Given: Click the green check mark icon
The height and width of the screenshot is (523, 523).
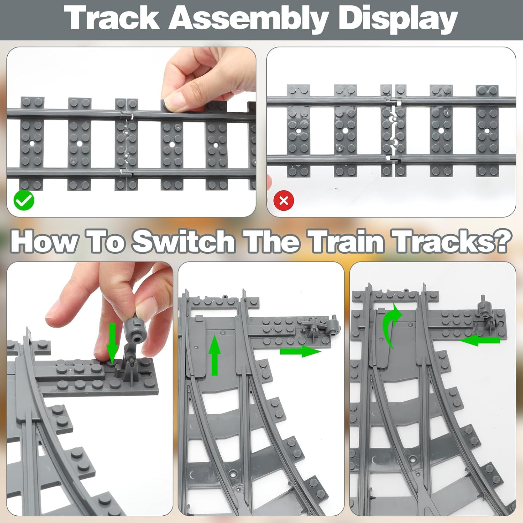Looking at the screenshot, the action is click(x=24, y=201).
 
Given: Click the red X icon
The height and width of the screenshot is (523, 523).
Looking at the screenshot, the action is click(x=284, y=200).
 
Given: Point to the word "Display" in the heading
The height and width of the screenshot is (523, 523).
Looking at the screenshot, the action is click(x=398, y=20).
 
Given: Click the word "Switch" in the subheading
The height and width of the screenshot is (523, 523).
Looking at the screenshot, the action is click(x=183, y=241).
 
